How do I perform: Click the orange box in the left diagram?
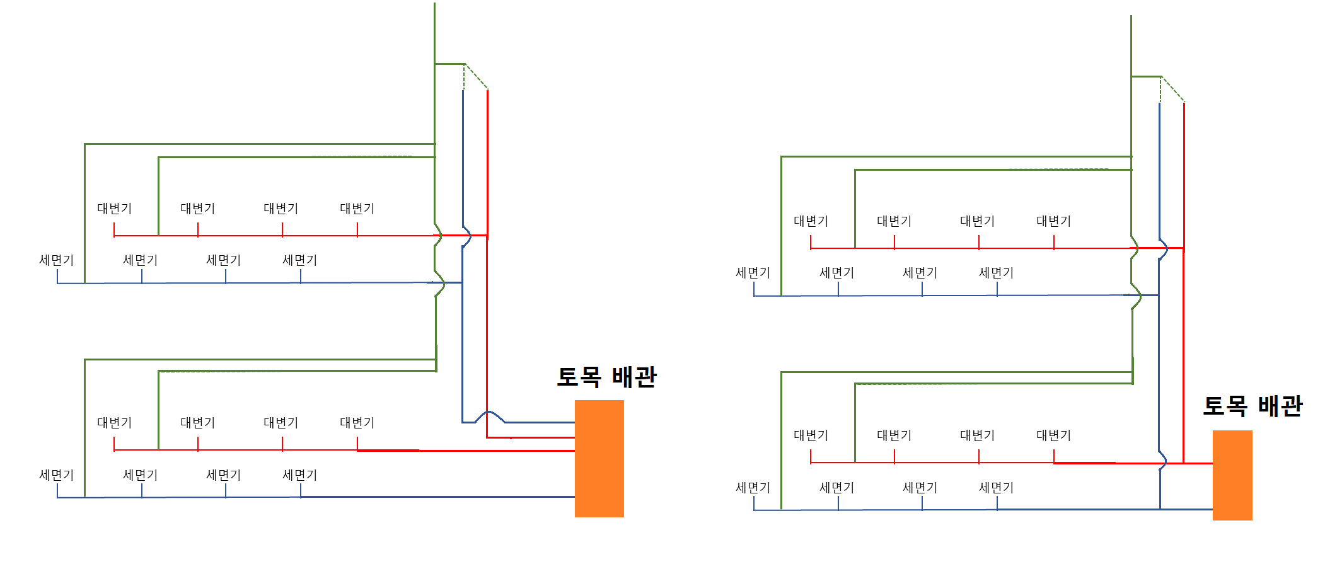tap(599, 458)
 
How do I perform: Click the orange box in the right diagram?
tap(1232, 475)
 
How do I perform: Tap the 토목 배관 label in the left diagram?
tap(606, 377)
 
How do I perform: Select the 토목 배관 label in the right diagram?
tap(1252, 406)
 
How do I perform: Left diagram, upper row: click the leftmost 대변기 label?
tap(114, 209)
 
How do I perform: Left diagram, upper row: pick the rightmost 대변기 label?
tap(357, 209)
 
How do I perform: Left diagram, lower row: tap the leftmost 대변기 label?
tap(114, 423)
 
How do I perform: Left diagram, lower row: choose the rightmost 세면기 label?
tap(299, 475)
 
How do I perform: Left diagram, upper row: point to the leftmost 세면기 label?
tap(56, 260)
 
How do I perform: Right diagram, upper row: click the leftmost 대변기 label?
tap(811, 221)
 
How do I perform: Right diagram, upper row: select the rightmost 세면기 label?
tap(996, 273)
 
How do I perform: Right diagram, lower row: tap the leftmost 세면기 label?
tap(753, 488)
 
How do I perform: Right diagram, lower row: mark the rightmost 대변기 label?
tap(1053, 435)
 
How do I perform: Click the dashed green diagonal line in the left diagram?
tap(477, 77)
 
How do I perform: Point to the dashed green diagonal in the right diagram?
tap(1173, 89)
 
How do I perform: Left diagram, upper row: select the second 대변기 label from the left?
tap(197, 209)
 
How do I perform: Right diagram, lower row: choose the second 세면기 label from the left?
tap(836, 488)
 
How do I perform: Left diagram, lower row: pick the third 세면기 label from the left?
tap(223, 475)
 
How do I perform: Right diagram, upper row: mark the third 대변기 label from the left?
tap(977, 221)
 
